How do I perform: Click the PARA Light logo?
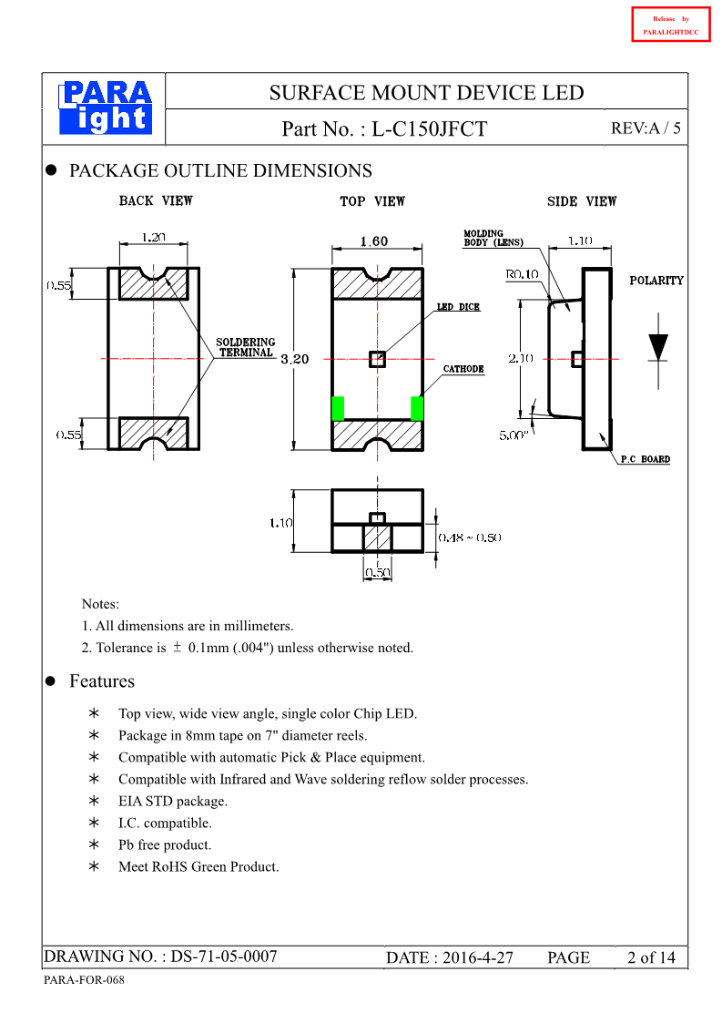(106, 107)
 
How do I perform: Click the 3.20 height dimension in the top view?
(295, 359)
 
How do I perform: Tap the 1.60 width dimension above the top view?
(373, 241)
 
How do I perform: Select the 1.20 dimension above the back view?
(154, 237)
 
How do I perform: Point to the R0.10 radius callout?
(522, 274)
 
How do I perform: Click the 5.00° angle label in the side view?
(514, 436)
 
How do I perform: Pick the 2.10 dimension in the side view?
(521, 359)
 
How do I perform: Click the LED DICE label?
(458, 307)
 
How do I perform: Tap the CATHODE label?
(463, 369)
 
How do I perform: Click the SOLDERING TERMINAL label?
(245, 348)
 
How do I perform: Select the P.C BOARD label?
(645, 459)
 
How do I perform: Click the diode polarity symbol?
(657, 348)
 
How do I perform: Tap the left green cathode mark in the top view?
(338, 408)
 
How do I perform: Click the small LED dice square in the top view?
(377, 359)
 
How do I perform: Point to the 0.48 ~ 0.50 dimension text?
(470, 537)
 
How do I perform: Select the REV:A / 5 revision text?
(646, 128)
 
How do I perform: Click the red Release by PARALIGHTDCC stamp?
(670, 25)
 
